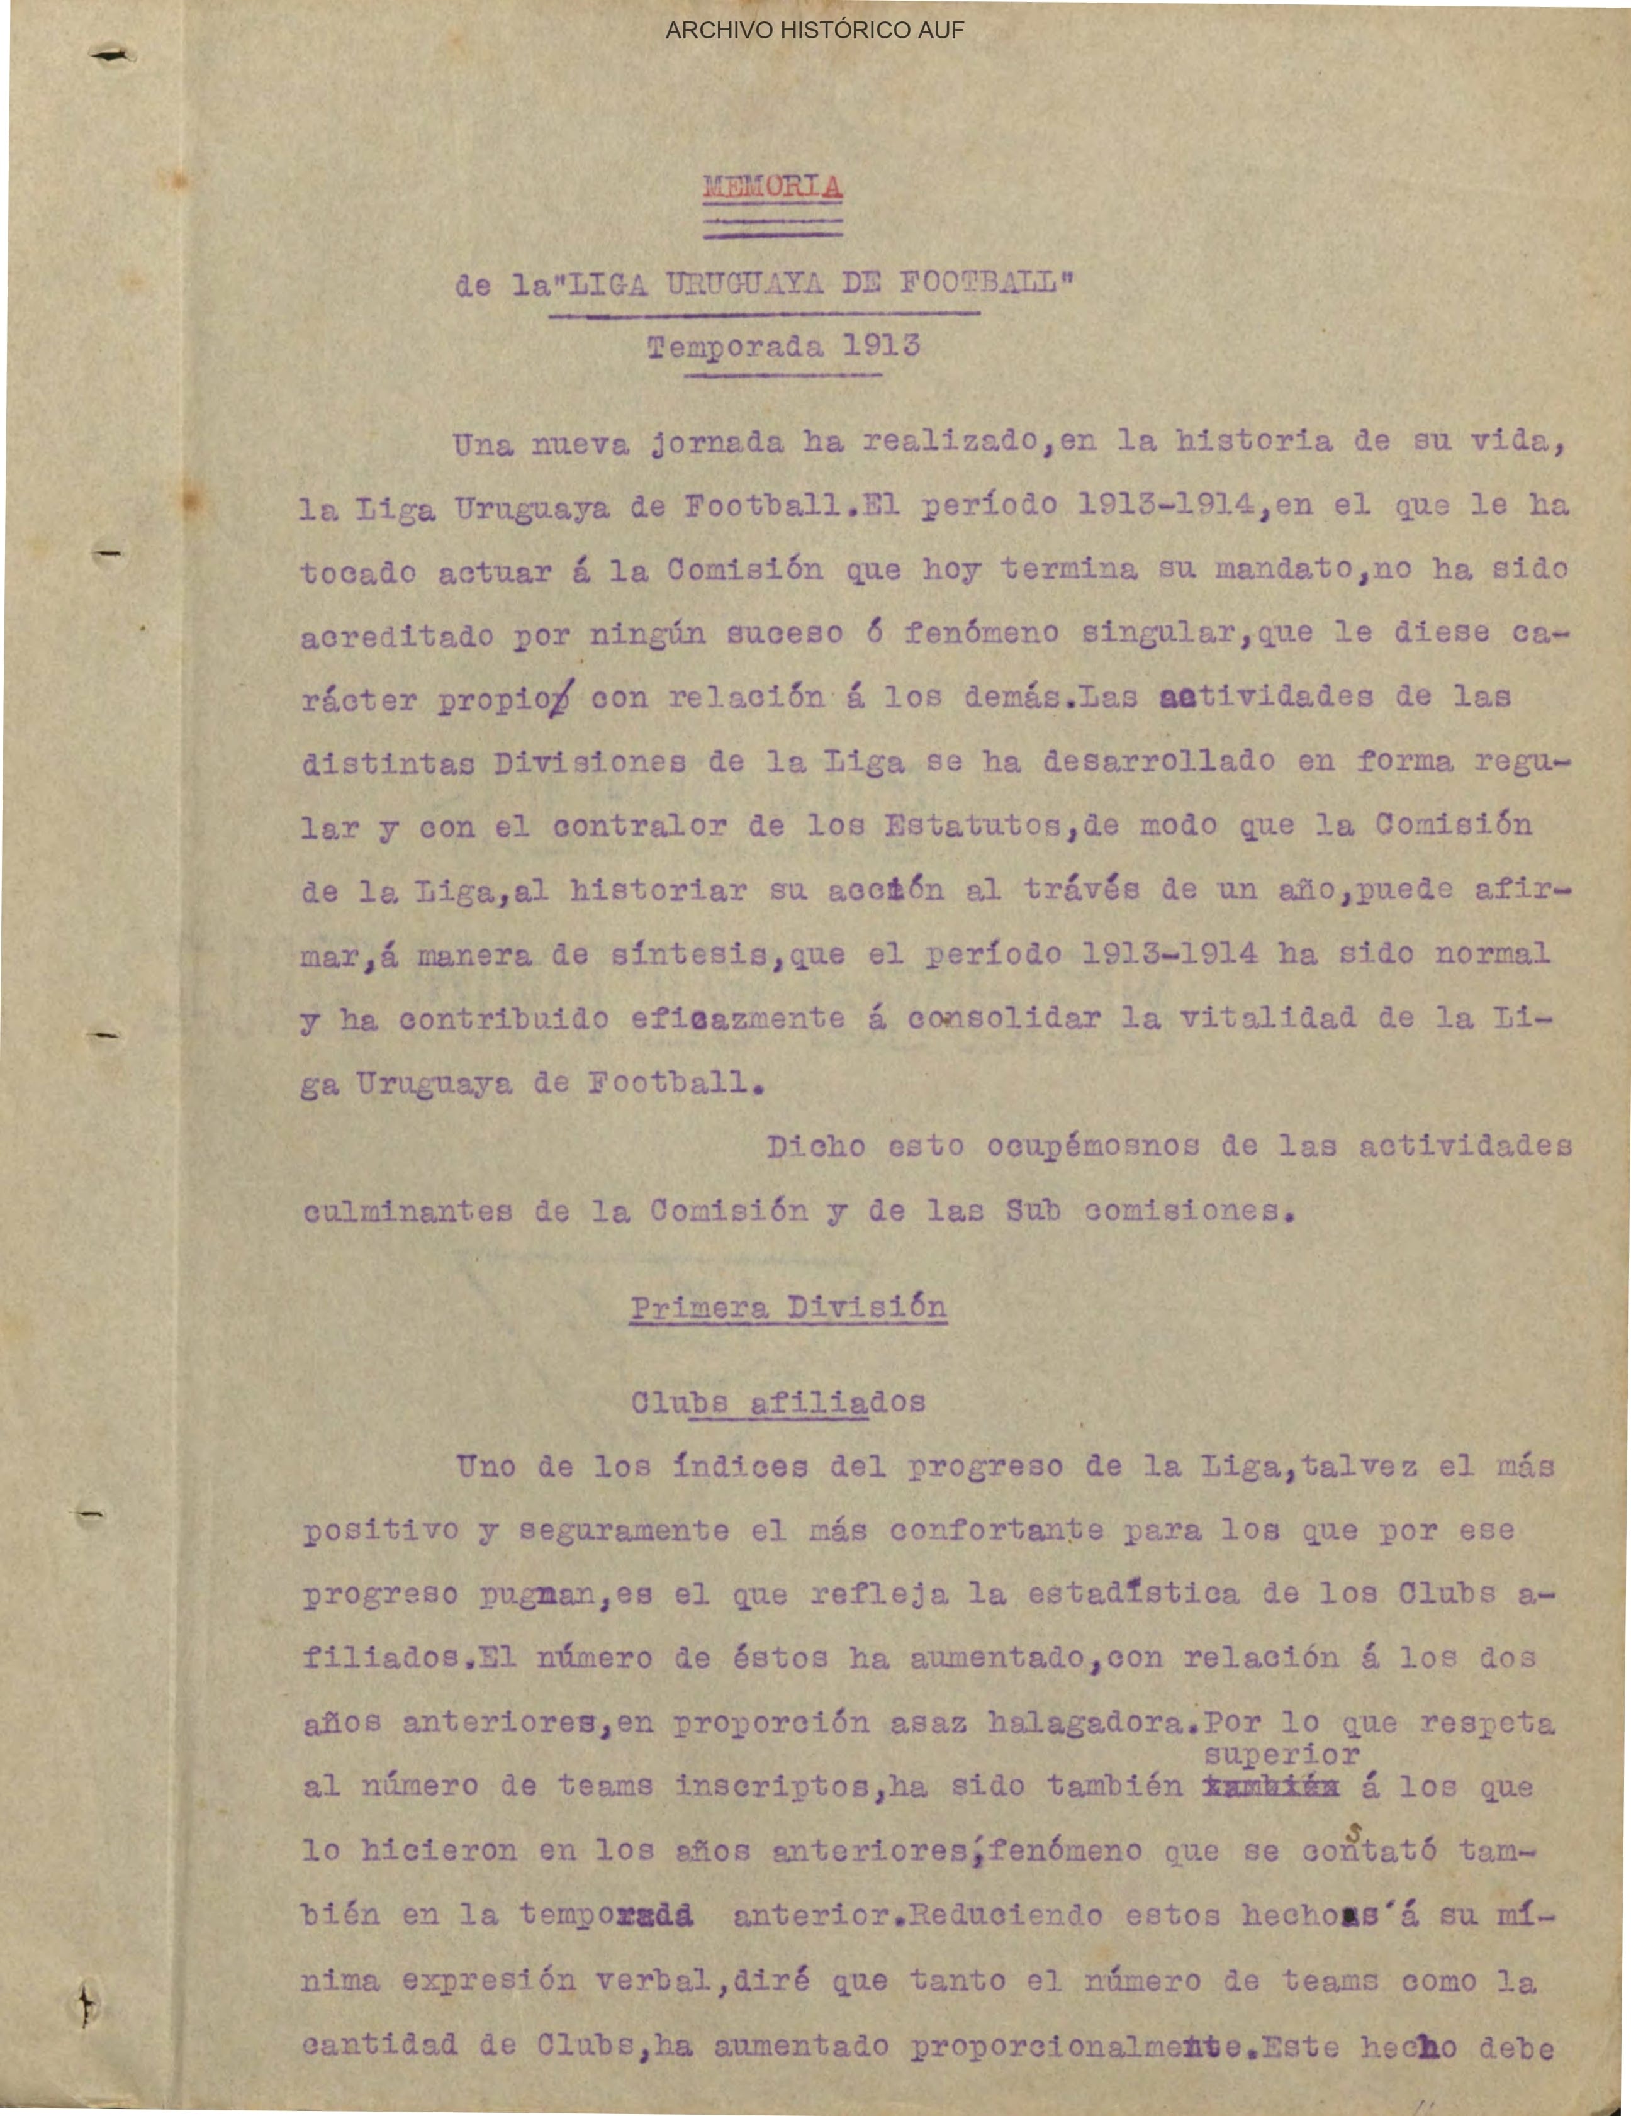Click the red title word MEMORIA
pyautogui.click(x=772, y=186)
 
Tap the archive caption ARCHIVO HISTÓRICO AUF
pyautogui.click(x=814, y=31)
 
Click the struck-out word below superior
pyautogui.click(x=1270, y=1786)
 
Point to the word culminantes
pyautogui.click(x=407, y=1211)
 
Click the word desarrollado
pyautogui.click(x=1158, y=761)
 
